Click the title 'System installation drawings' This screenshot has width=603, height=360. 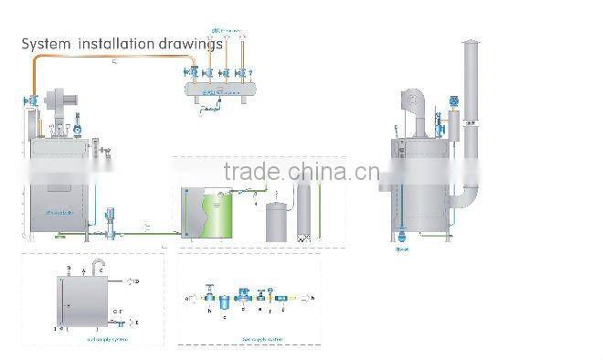[x=122, y=43]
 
